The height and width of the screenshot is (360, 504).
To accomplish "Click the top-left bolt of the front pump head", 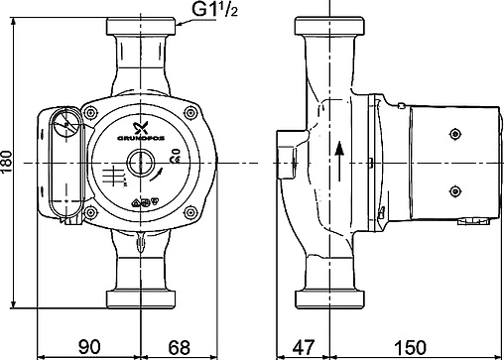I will pos(95,111).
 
